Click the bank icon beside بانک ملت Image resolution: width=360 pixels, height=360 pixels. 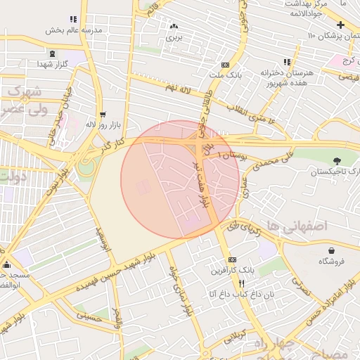225,64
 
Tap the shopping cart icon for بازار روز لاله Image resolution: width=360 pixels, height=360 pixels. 103,115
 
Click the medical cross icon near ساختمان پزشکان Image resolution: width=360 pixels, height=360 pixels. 340,25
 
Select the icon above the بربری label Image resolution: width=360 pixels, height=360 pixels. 173,27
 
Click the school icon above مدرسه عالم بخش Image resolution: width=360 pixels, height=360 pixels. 73,19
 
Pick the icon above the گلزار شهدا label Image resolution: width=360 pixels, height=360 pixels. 53,53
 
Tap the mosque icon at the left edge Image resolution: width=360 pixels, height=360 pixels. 7,265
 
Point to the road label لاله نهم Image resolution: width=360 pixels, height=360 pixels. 176,89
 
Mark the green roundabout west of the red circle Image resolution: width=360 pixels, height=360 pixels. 86,167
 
